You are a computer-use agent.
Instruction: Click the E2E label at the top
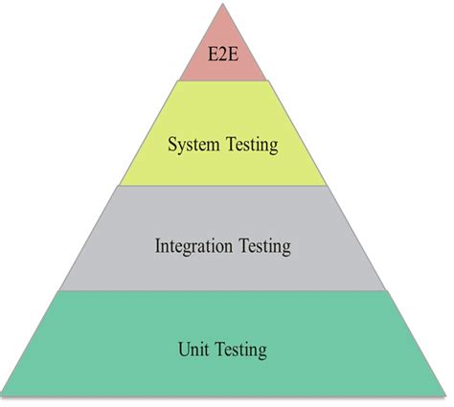click(x=223, y=55)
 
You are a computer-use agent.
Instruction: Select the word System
click(x=193, y=146)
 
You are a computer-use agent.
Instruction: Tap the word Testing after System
click(x=252, y=146)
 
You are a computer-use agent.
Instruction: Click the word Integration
click(x=193, y=246)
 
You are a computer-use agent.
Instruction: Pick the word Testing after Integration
click(x=265, y=247)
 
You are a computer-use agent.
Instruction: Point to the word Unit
click(x=193, y=349)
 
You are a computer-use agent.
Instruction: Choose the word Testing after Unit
click(x=241, y=350)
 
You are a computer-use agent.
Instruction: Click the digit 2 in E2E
click(x=223, y=55)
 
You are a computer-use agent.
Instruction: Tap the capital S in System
click(x=172, y=144)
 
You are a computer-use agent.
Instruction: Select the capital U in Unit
click(x=184, y=350)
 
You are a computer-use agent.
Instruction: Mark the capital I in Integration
click(x=158, y=246)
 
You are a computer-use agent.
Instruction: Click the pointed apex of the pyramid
click(x=222, y=4)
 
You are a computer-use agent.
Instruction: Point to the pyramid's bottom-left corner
click(x=2, y=396)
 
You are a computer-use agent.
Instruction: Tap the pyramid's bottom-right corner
click(x=445, y=396)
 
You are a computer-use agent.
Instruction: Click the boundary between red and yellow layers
click(x=223, y=80)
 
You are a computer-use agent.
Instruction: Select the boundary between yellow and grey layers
click(x=223, y=186)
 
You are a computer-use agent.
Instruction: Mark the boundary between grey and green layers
click(x=223, y=290)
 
